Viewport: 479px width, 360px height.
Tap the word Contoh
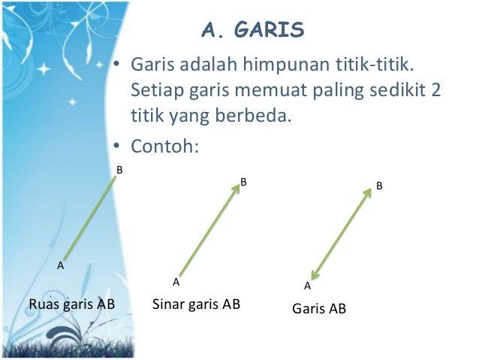pyautogui.click(x=164, y=143)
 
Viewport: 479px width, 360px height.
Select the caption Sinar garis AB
pyautogui.click(x=196, y=304)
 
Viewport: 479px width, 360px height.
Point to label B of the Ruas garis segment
pyautogui.click(x=119, y=171)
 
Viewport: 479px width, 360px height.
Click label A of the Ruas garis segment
pyautogui.click(x=61, y=265)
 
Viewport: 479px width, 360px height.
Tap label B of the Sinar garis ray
pyautogui.click(x=243, y=182)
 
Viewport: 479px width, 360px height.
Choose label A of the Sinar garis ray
pyautogui.click(x=176, y=283)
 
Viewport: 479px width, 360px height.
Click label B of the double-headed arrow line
pyautogui.click(x=380, y=184)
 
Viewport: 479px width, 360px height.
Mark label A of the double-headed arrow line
pyautogui.click(x=307, y=286)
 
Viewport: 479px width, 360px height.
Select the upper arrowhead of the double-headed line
pyautogui.click(x=368, y=191)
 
